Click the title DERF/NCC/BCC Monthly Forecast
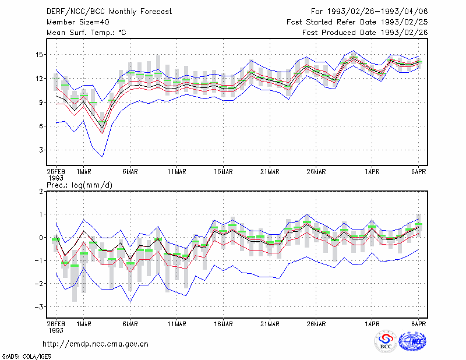click(x=109, y=12)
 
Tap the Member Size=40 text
click(x=78, y=22)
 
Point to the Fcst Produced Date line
click(x=365, y=33)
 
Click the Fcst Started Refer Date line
click(x=357, y=22)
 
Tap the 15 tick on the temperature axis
click(x=39, y=55)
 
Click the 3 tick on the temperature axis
click(x=41, y=150)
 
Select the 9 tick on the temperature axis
click(x=41, y=103)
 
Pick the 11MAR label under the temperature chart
click(x=177, y=172)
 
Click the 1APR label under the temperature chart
click(x=372, y=172)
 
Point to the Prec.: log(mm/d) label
click(x=80, y=185)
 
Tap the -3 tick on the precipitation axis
click(x=39, y=306)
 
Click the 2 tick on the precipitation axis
click(x=41, y=191)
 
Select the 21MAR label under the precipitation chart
click(x=270, y=324)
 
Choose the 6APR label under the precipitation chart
click(x=418, y=324)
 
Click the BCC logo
click(x=386, y=341)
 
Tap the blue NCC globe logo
click(x=412, y=341)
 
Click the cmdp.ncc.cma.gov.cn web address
click(x=96, y=344)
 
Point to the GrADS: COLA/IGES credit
click(x=27, y=357)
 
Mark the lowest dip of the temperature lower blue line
click(x=103, y=157)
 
